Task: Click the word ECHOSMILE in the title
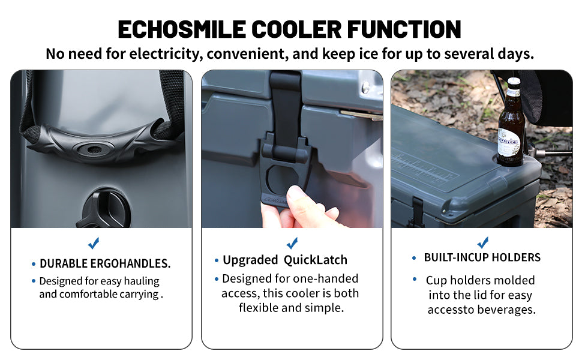pyautogui.click(x=182, y=29)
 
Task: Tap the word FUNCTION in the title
pyautogui.click(x=404, y=29)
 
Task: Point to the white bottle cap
pyautogui.click(x=514, y=80)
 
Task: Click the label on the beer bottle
pyautogui.click(x=508, y=143)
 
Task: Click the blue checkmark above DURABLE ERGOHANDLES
pyautogui.click(x=94, y=243)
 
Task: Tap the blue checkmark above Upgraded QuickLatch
pyautogui.click(x=292, y=243)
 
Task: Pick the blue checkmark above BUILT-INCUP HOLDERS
pyautogui.click(x=483, y=242)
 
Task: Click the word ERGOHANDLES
pyautogui.click(x=130, y=263)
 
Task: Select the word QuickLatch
pyautogui.click(x=316, y=260)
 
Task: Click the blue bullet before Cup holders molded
pyautogui.click(x=415, y=279)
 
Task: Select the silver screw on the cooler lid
pyautogui.click(x=366, y=87)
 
